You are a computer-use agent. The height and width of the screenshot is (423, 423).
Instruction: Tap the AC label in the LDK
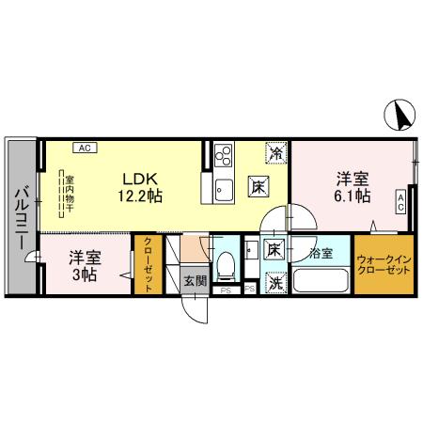click(x=84, y=148)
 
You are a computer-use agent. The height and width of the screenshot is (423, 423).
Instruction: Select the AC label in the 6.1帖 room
click(x=400, y=199)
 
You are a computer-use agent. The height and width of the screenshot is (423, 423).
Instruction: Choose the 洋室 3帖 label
click(x=84, y=264)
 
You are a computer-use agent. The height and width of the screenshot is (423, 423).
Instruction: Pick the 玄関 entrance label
click(x=195, y=280)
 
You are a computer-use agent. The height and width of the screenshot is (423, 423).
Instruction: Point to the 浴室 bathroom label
click(x=321, y=253)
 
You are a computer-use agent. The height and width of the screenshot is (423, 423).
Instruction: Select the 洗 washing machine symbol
click(x=275, y=281)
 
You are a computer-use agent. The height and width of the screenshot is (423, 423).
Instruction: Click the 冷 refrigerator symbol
click(x=276, y=151)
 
